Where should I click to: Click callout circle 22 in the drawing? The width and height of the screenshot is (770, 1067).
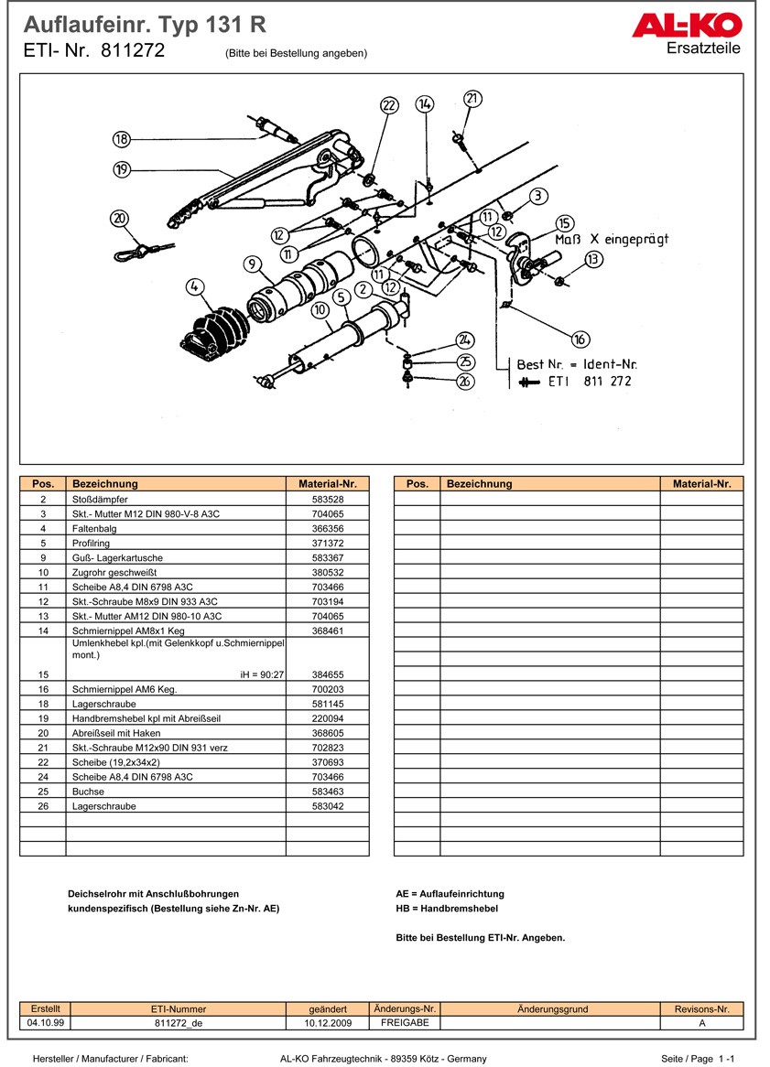pyautogui.click(x=390, y=105)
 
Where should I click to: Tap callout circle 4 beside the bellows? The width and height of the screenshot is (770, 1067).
pyautogui.click(x=193, y=287)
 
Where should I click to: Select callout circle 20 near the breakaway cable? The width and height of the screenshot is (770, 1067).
pyautogui.click(x=120, y=218)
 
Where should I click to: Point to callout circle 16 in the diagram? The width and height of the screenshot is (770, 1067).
pyautogui.click(x=580, y=339)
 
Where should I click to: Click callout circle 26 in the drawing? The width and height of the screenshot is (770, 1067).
pyautogui.click(x=465, y=382)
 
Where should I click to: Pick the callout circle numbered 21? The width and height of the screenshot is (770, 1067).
pyautogui.click(x=472, y=99)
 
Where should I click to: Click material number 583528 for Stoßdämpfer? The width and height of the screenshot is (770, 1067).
pyautogui.click(x=327, y=500)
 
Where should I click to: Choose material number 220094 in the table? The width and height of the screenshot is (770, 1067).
pyautogui.click(x=327, y=718)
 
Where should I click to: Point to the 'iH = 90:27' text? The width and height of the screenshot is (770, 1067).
pyautogui.click(x=262, y=674)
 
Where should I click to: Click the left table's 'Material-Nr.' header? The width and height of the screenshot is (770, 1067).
pyautogui.click(x=327, y=484)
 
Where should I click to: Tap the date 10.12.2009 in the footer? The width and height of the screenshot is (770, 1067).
pyautogui.click(x=328, y=1023)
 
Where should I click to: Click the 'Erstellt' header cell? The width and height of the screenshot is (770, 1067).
pyautogui.click(x=45, y=1008)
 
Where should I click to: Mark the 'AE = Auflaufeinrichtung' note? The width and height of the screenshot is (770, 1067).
pyautogui.click(x=450, y=893)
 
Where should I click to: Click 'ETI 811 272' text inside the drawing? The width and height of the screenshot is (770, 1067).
pyautogui.click(x=590, y=381)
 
